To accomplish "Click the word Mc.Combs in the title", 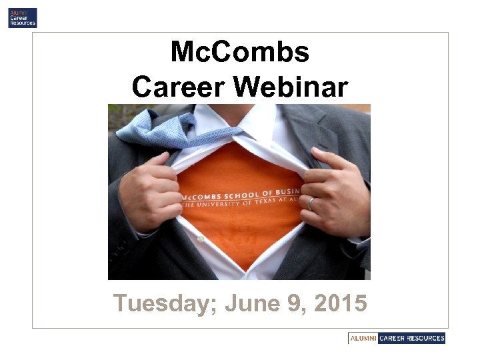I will click(239, 52).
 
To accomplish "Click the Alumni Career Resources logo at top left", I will click(22, 17).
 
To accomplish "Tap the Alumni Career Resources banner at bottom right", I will click(396, 338).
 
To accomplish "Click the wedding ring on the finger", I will click(311, 203).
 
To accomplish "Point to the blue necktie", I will click(160, 127).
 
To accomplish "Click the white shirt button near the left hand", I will click(201, 238).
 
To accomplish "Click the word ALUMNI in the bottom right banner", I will click(363, 338).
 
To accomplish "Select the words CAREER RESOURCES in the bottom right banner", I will click(411, 338).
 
